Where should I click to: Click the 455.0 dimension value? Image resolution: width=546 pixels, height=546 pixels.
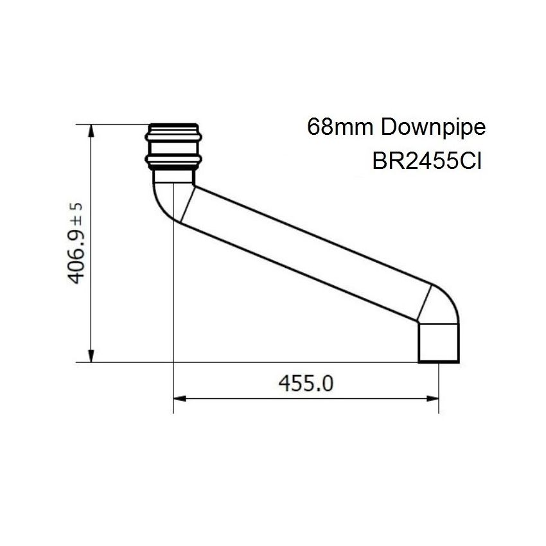306,383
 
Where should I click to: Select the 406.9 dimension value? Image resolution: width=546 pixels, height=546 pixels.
76,256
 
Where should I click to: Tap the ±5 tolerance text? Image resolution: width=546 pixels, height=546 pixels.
76,213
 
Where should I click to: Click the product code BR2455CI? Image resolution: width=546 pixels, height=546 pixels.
427,161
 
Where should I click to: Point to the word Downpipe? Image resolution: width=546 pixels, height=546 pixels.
433,127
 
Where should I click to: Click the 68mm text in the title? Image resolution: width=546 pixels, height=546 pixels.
340,127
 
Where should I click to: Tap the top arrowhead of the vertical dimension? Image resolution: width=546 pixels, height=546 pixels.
91,131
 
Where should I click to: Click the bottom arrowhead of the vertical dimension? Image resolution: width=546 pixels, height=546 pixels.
91,355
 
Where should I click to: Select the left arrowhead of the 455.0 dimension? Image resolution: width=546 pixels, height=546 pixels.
180,398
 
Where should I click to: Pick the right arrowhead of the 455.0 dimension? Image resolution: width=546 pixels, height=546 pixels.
432,398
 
